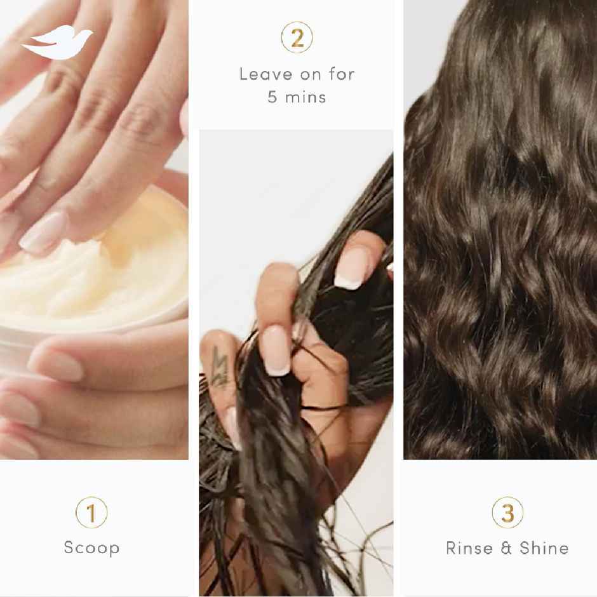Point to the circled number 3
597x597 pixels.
(507, 512)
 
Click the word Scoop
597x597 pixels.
(91, 547)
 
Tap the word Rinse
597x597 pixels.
(469, 547)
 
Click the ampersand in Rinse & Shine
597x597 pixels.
(506, 547)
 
